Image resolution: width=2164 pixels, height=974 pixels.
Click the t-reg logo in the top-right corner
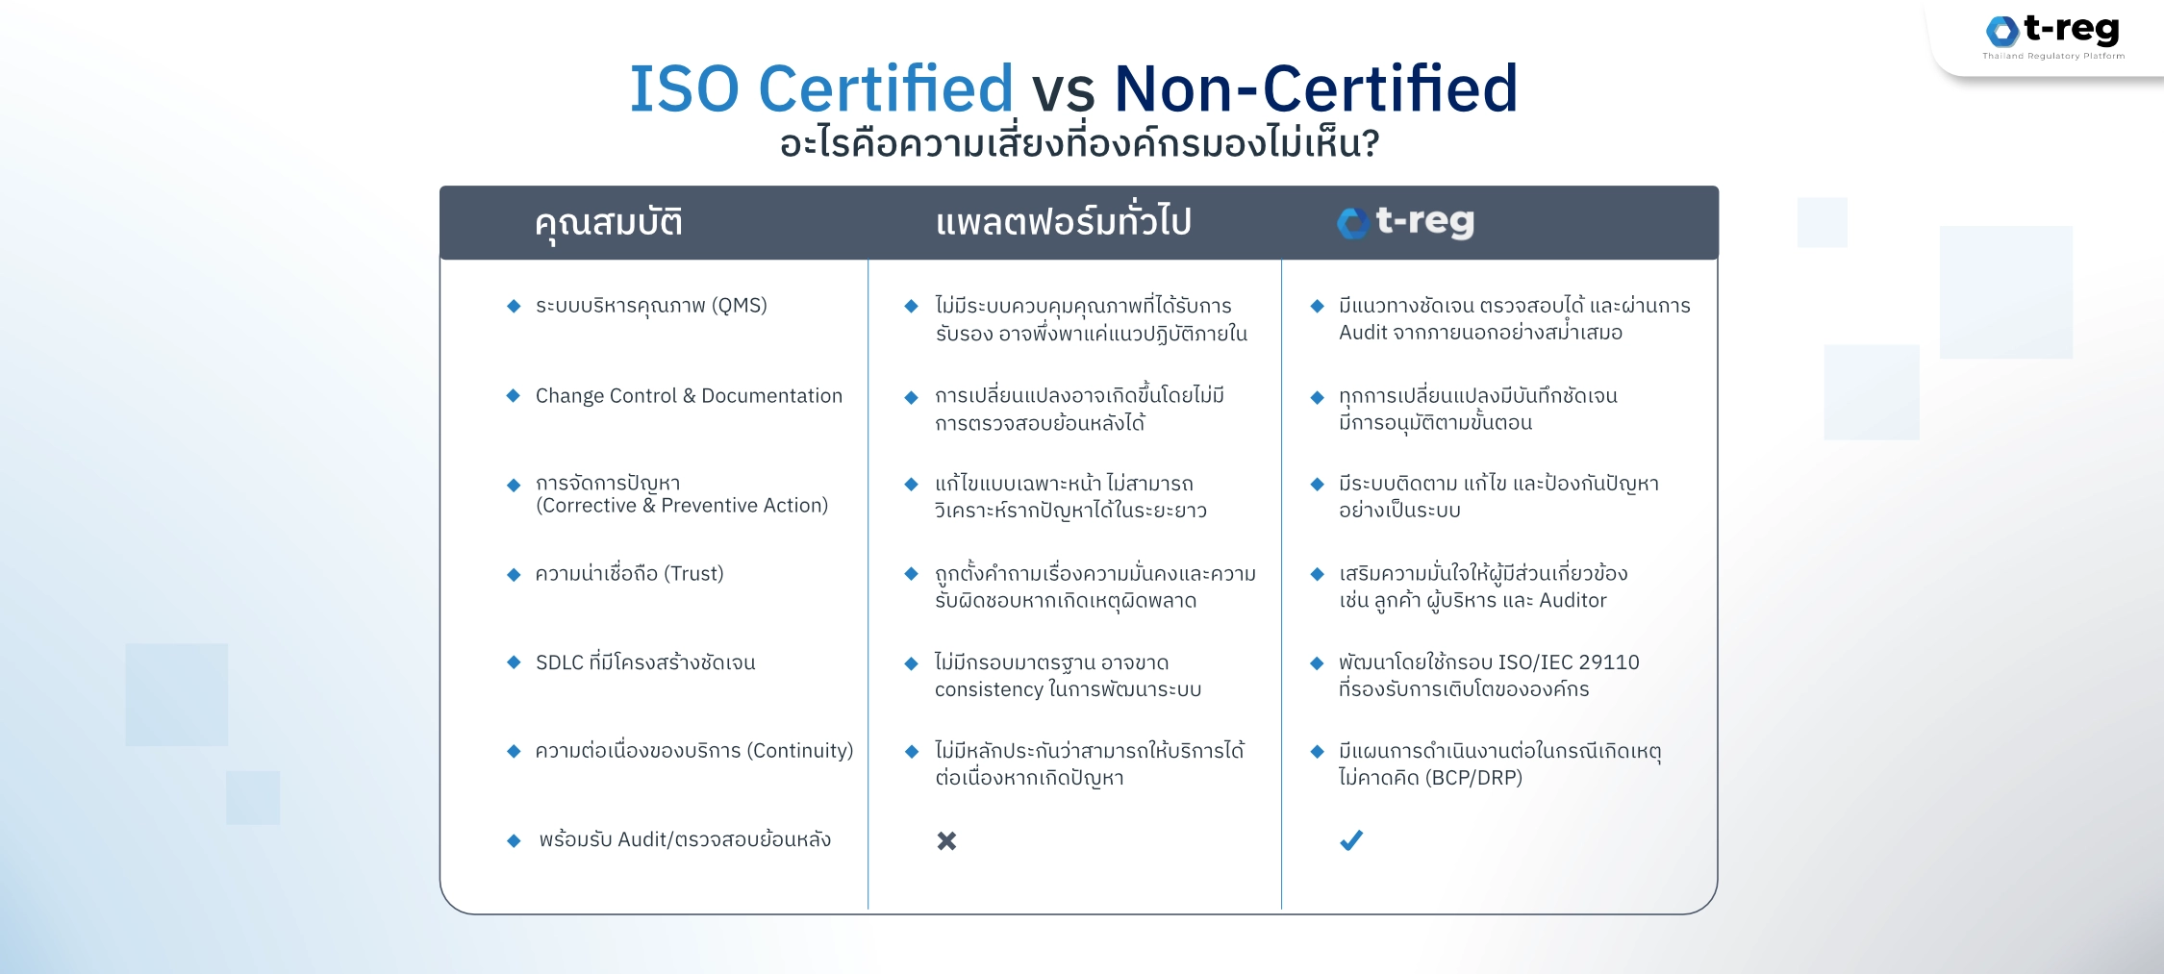[x=2052, y=37]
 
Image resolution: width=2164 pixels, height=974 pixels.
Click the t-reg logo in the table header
[x=1405, y=222]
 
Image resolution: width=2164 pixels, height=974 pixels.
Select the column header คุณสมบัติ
[x=609, y=223]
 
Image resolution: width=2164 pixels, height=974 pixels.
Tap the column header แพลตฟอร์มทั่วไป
[x=1063, y=222]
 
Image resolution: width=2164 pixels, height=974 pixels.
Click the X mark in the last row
[x=946, y=840]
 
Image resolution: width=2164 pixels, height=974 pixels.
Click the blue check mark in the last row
[x=1351, y=840]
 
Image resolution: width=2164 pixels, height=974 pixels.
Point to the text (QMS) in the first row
[x=739, y=306]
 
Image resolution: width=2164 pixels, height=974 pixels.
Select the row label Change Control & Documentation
[x=689, y=395]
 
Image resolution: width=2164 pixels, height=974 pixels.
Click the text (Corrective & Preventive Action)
[x=682, y=506]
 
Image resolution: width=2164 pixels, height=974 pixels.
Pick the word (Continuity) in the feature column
[x=800, y=751]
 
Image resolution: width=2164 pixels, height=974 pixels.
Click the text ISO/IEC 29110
[x=1569, y=662]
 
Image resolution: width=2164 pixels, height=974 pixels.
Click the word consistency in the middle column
[x=989, y=690]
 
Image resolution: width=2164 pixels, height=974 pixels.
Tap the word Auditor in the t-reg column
[x=1573, y=601]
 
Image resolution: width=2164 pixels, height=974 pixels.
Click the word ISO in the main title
[x=684, y=88]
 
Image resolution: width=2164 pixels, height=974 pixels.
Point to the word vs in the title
[x=1063, y=92]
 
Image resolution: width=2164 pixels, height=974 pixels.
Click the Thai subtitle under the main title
[x=1079, y=144]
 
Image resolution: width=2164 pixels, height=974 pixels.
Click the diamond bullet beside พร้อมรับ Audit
[x=514, y=840]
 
